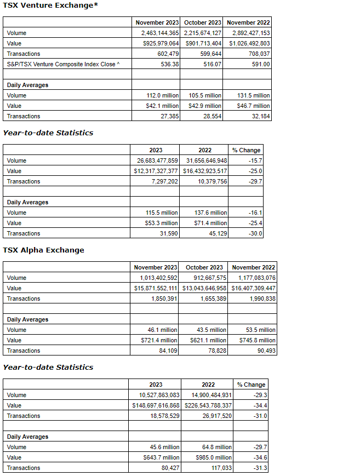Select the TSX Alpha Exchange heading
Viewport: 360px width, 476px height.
point(44,250)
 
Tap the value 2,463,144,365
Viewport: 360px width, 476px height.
point(157,33)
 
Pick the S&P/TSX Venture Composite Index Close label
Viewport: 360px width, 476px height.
point(61,64)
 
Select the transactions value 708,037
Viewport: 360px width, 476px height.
point(256,54)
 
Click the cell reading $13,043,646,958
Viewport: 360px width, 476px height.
point(203,288)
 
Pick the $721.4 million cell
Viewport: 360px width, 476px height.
point(159,340)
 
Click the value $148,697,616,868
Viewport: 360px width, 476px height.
point(156,405)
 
